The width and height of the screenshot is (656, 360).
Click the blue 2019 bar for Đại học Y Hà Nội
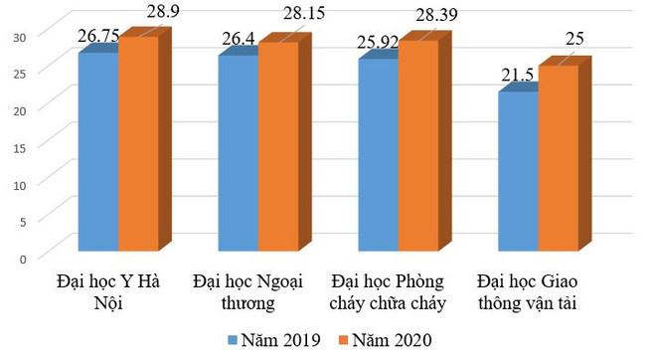click(98, 149)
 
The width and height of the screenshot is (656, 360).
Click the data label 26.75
click(99, 36)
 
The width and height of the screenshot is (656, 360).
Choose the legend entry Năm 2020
click(390, 341)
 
